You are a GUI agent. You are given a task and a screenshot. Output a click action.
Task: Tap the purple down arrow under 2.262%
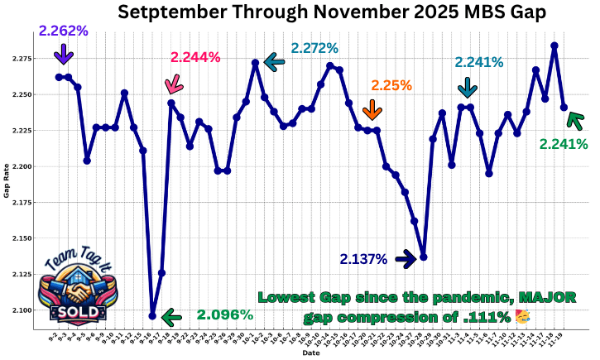click(63, 55)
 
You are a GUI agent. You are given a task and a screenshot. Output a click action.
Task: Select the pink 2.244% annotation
click(195, 57)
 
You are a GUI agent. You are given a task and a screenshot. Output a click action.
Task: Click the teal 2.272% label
click(314, 48)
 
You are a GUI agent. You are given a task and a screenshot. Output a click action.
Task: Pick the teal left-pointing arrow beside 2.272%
click(274, 61)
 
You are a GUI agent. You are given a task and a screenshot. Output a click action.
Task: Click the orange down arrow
click(372, 109)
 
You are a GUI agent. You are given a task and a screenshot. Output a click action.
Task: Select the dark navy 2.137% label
click(363, 259)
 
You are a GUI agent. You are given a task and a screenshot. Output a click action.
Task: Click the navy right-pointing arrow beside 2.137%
click(406, 259)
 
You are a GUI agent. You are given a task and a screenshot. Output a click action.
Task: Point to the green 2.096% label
click(224, 315)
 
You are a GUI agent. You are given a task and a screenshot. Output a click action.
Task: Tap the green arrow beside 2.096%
click(171, 316)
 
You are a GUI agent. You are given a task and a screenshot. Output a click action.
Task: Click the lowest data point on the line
click(152, 315)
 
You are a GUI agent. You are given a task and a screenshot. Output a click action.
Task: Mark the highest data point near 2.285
click(554, 46)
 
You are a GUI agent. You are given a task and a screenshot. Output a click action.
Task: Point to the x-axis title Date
click(310, 353)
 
